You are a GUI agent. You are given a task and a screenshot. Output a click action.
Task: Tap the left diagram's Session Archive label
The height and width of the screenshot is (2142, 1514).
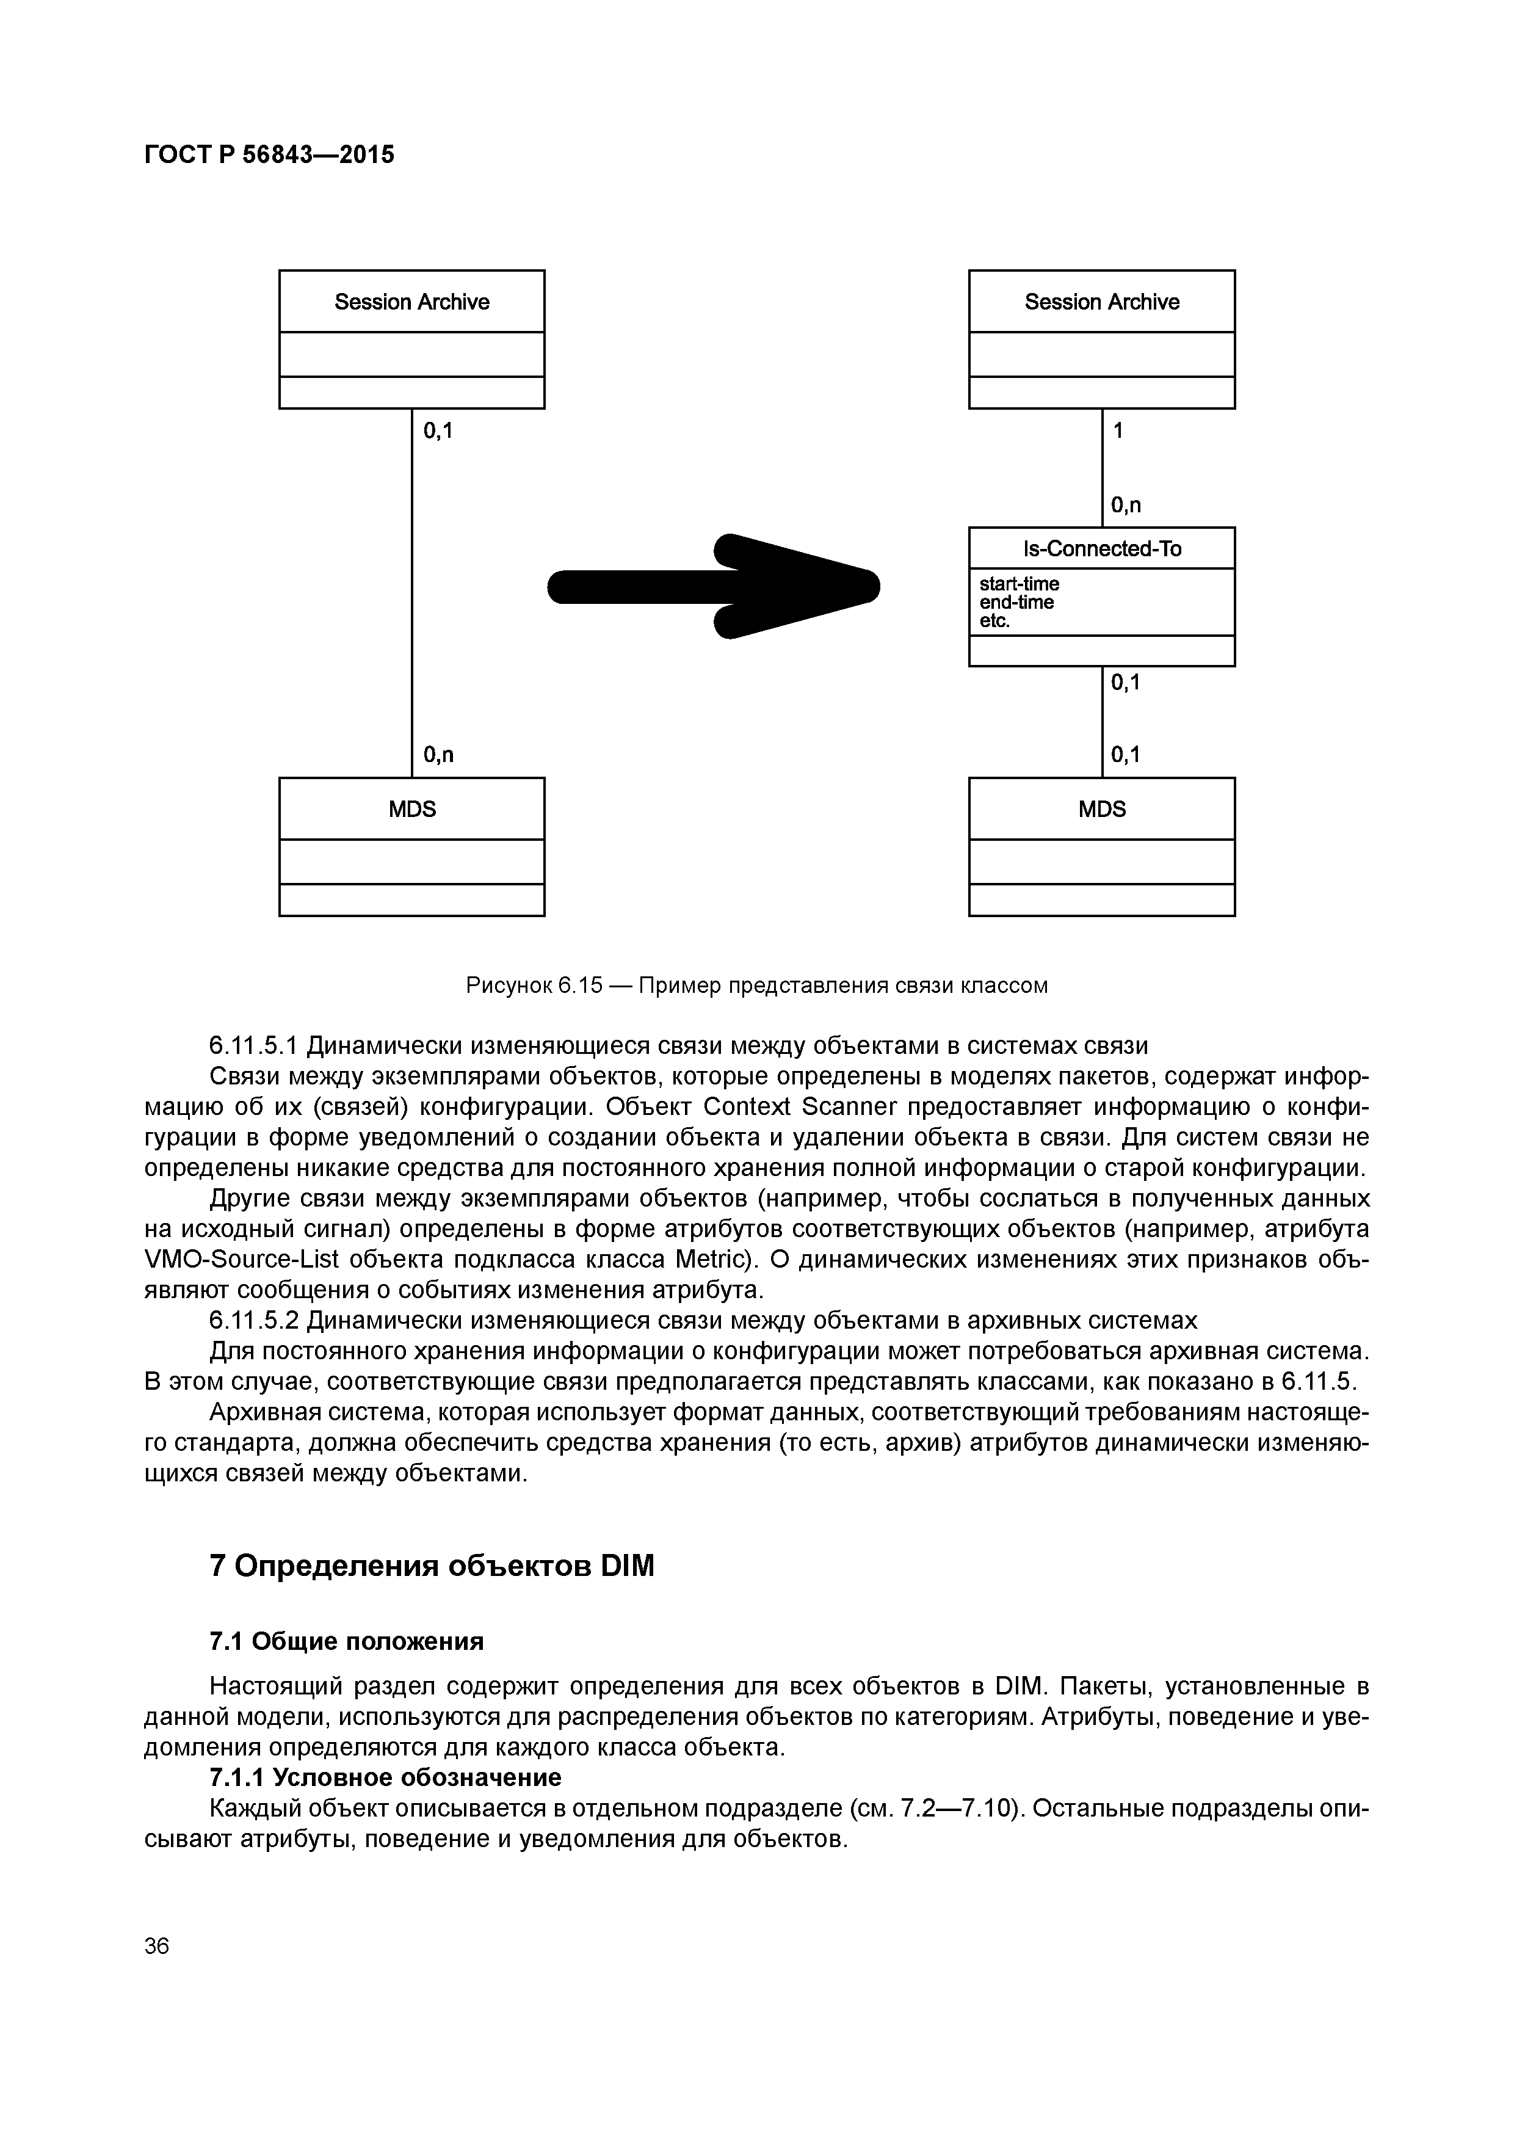pyautogui.click(x=411, y=302)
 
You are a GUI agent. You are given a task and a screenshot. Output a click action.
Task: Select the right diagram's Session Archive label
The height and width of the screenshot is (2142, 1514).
pyautogui.click(x=1102, y=302)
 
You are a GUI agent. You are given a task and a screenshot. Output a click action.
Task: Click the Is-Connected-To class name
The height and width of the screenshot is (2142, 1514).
pyautogui.click(x=1102, y=548)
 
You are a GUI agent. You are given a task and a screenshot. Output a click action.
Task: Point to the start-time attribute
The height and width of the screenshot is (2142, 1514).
pyautogui.click(x=1019, y=584)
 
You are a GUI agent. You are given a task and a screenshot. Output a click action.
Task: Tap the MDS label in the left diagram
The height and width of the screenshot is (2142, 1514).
pyautogui.click(x=411, y=809)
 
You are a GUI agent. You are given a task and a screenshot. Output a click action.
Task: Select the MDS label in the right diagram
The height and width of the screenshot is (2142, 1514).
pyautogui.click(x=1102, y=809)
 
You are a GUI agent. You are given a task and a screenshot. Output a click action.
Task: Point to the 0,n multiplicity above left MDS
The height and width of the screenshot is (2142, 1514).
pyautogui.click(x=438, y=755)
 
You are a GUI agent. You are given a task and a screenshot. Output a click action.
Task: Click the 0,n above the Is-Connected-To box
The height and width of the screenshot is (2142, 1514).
pyautogui.click(x=1126, y=506)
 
